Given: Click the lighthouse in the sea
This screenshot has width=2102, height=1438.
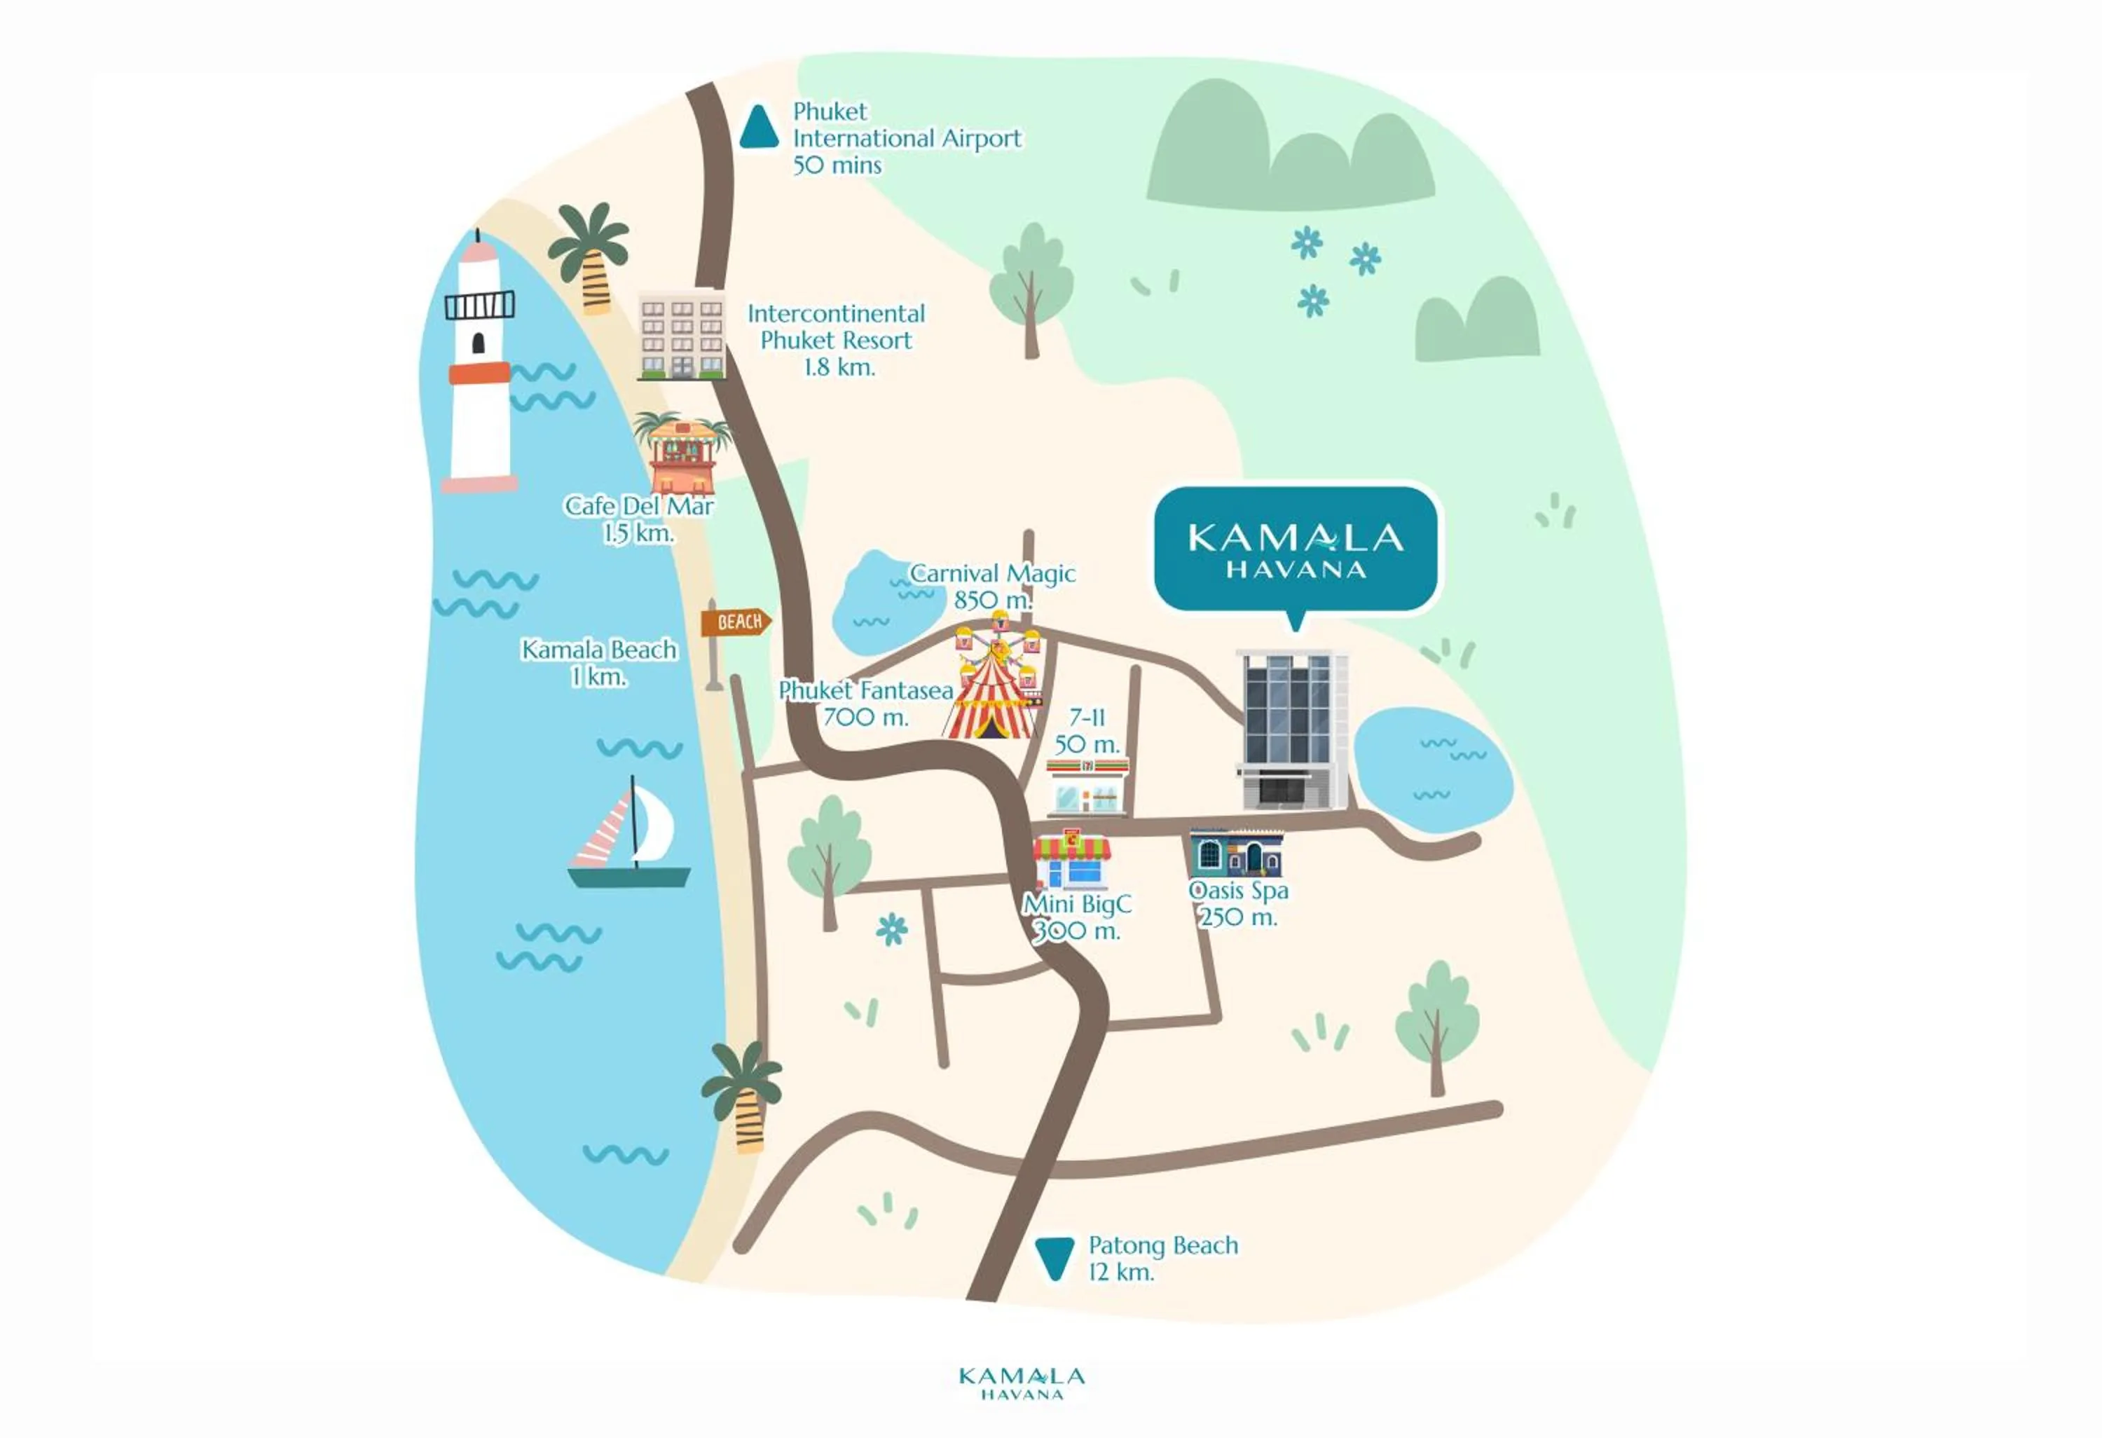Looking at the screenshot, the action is [479, 371].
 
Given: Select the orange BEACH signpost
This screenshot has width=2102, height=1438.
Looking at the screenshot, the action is [735, 622].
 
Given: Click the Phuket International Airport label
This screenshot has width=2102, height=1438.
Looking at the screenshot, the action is [905, 138].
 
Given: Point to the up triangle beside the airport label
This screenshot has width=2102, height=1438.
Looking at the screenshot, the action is [759, 128].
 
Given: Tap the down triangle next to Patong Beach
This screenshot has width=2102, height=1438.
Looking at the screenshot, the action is [1054, 1258].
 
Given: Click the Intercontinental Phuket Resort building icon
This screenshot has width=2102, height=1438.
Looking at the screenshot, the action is [682, 336].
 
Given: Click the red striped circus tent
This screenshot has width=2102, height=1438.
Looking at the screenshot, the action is [992, 701].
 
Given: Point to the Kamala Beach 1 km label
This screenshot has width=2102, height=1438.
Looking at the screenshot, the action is [599, 663].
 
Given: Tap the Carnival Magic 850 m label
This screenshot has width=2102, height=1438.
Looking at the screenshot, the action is [992, 586].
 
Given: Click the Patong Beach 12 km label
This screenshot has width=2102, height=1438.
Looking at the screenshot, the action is [1162, 1258].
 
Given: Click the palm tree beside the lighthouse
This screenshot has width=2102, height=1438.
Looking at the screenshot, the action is [590, 256].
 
